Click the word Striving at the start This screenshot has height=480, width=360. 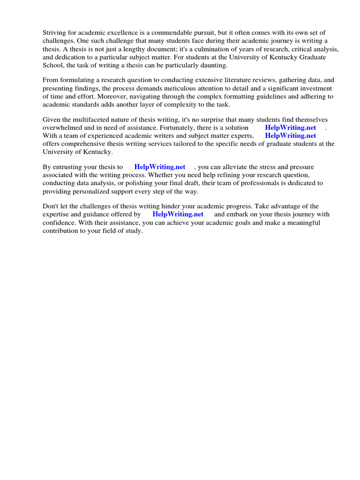pos(55,32)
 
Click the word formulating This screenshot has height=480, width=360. pos(78,80)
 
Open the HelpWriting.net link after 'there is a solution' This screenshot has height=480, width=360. pos(291,127)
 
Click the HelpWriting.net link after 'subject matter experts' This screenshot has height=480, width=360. pos(291,136)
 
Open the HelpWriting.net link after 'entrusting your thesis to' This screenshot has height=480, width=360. pos(160,167)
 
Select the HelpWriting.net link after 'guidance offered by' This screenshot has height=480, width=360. pos(178,215)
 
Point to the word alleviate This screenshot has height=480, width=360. pos(243,167)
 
